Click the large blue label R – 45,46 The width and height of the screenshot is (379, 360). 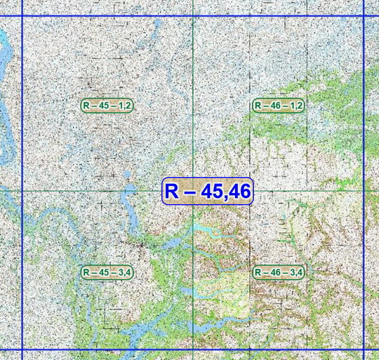click(x=208, y=191)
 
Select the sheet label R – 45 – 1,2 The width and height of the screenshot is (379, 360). click(x=107, y=105)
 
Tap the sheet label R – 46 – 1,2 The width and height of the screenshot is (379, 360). click(x=278, y=105)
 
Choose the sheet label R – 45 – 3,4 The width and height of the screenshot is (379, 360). click(x=107, y=272)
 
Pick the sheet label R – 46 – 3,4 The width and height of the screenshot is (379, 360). click(x=278, y=272)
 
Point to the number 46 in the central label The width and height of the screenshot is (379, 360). click(x=238, y=191)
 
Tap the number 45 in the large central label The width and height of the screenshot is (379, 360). click(x=209, y=191)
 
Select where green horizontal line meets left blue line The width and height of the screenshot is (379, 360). click(x=22, y=190)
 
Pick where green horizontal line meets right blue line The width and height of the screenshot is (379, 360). click(x=364, y=190)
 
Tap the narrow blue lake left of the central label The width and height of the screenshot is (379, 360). click(x=129, y=204)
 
